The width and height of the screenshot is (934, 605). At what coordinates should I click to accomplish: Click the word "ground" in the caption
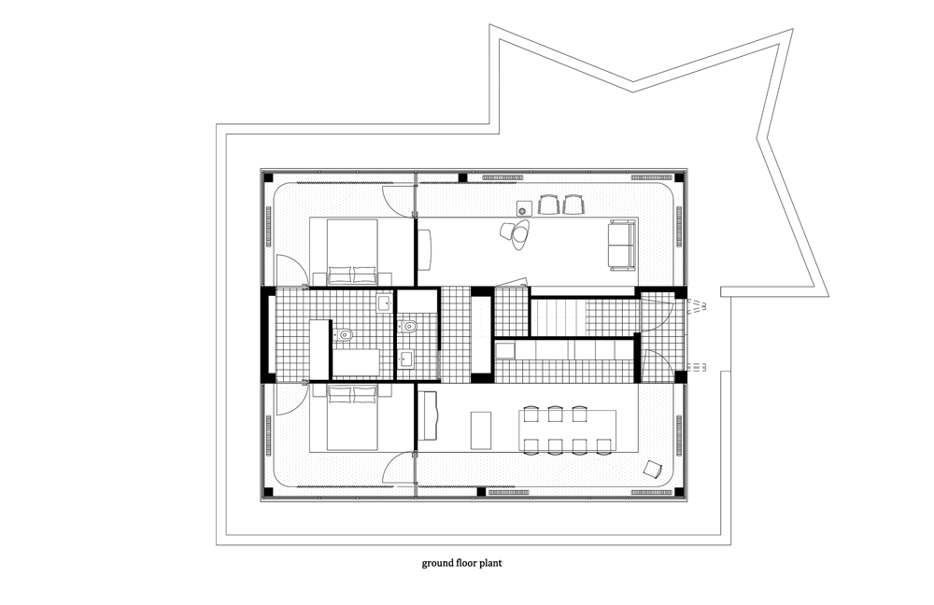[x=436, y=563]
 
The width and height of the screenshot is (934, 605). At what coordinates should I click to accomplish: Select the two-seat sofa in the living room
[x=621, y=245]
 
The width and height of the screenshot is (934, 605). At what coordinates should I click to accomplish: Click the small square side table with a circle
[x=524, y=208]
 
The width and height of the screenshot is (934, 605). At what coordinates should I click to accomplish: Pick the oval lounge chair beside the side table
[x=516, y=233]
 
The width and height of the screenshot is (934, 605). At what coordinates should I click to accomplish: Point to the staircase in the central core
[x=558, y=317]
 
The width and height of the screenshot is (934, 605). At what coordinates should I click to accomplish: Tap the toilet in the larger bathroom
[x=343, y=335]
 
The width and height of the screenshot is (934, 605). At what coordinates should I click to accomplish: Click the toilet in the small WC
[x=409, y=326]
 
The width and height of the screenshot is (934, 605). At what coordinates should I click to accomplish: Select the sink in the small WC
[x=407, y=359]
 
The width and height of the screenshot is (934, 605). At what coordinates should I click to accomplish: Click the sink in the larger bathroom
[x=385, y=303]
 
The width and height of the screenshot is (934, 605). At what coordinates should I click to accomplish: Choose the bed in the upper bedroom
[x=352, y=251]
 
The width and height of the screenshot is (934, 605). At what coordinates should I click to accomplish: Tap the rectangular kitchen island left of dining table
[x=481, y=429]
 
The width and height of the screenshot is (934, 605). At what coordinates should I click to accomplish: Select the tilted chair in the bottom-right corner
[x=654, y=470]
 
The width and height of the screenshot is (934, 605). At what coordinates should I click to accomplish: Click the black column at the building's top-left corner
[x=268, y=177]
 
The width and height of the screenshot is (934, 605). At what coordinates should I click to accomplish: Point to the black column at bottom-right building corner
[x=679, y=492]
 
